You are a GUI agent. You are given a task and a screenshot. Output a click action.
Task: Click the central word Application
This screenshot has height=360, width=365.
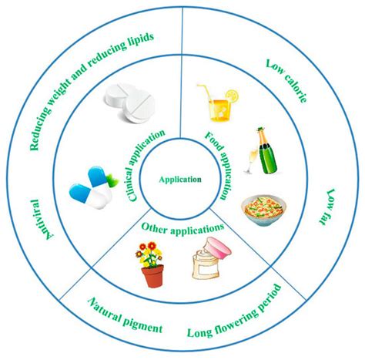[x=180, y=180]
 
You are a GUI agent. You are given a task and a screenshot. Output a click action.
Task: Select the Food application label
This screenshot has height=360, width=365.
[x=217, y=165]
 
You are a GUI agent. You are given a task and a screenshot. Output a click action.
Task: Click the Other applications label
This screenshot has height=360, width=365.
[x=182, y=228]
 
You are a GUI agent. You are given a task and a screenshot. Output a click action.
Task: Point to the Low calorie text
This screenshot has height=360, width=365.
[x=286, y=81]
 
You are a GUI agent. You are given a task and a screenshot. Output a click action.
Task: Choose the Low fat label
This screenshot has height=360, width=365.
[x=327, y=207]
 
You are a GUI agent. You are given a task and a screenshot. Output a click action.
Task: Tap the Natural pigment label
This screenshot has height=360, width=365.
[x=125, y=315]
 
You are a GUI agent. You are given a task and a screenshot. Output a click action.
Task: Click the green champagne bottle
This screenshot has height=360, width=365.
[x=267, y=151]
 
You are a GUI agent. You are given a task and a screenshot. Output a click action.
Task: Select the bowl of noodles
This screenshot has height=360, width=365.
[x=263, y=210]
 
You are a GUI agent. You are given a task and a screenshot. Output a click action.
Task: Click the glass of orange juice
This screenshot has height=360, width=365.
[x=220, y=110]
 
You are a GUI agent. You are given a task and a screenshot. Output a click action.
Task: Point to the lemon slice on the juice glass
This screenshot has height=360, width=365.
[x=232, y=96]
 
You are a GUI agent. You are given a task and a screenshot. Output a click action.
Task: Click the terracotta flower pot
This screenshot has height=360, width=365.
[x=152, y=276]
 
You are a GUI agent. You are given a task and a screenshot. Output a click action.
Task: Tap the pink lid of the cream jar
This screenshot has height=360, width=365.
[x=219, y=247]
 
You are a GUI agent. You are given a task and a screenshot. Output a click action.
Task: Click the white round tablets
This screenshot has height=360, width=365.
[x=129, y=103]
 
